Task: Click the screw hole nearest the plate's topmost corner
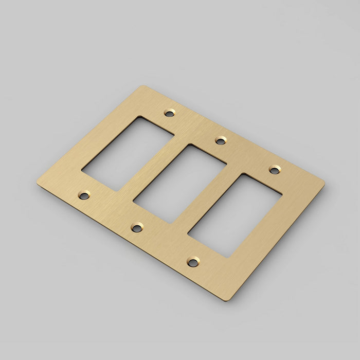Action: click(x=169, y=112)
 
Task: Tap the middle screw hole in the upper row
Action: click(x=221, y=139)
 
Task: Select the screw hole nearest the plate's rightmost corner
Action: click(x=275, y=169)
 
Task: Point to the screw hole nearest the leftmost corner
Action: click(x=83, y=195)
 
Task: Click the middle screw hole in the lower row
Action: click(x=137, y=227)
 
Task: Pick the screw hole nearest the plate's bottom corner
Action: click(x=193, y=262)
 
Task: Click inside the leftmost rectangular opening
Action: click(x=129, y=153)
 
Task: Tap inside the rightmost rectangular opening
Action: click(x=235, y=214)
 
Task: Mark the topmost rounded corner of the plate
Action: click(x=145, y=87)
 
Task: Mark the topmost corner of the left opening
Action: click(x=137, y=117)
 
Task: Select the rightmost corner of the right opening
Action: click(x=281, y=194)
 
